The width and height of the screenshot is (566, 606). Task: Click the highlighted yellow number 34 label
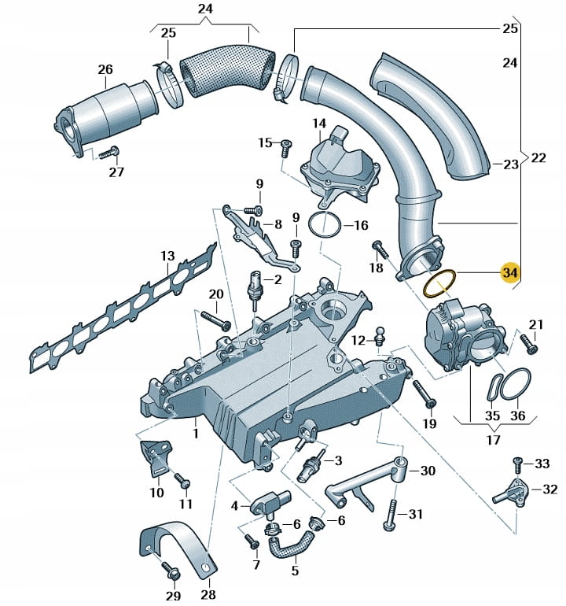point(510,272)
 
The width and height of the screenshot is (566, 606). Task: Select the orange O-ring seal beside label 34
point(439,283)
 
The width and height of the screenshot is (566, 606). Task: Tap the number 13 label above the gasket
point(167,257)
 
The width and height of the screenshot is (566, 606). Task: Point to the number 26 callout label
point(105,70)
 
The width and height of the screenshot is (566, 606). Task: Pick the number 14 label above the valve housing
point(318,124)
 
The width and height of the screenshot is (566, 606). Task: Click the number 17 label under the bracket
point(493,439)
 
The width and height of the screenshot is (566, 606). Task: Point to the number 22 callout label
point(538,157)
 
